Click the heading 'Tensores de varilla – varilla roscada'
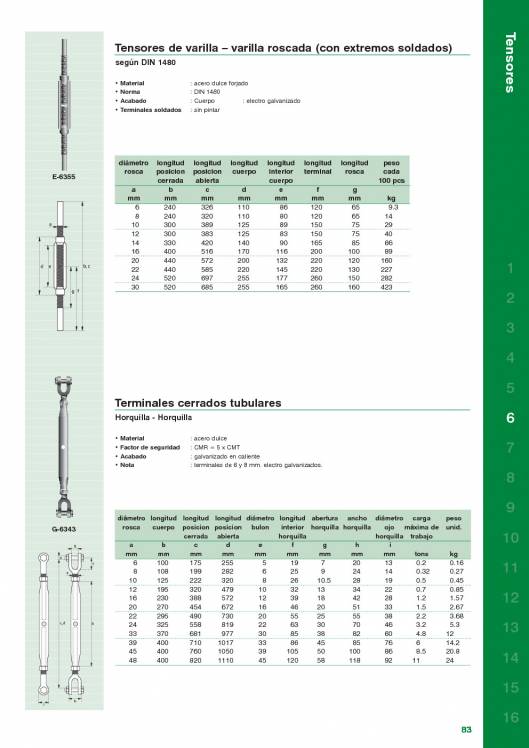click(285, 47)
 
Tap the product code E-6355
click(63, 177)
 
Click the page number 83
click(466, 729)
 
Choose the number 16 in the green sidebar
click(510, 717)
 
